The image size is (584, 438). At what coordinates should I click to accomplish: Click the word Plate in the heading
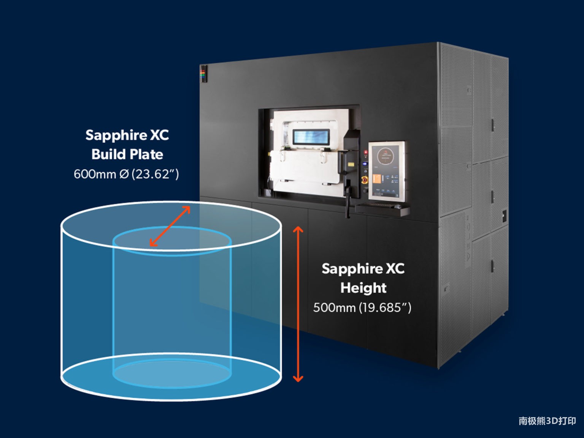click(x=146, y=154)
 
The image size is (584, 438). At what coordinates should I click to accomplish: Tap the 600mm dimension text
click(x=95, y=174)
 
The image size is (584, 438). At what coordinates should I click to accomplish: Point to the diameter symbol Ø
click(x=124, y=175)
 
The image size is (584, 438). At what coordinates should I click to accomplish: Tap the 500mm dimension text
click(x=335, y=308)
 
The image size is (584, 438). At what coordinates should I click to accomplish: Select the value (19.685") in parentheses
click(x=385, y=308)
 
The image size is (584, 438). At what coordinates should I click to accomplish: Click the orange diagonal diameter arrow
click(x=170, y=226)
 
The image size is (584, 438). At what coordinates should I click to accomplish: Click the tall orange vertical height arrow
click(x=298, y=304)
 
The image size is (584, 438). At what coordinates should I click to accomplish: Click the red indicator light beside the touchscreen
click(x=365, y=153)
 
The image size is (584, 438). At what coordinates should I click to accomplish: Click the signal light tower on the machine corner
click(x=203, y=74)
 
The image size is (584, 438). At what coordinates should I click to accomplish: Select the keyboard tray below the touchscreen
click(x=382, y=209)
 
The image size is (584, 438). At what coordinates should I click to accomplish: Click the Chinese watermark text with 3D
click(x=547, y=421)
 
